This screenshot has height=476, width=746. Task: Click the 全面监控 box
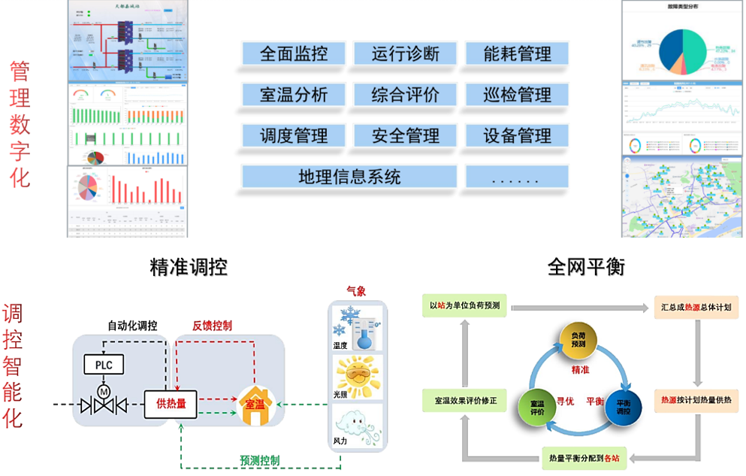[294, 53]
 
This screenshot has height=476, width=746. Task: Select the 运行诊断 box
[405, 53]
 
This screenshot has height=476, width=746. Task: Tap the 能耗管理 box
[517, 53]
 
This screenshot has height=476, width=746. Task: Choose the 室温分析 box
[294, 95]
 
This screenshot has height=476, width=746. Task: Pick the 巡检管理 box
[517, 95]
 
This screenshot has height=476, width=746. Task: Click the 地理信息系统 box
[349, 177]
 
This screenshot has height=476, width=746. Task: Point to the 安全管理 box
[405, 136]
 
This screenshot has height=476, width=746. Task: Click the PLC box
[103, 365]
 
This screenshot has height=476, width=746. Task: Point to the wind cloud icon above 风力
[357, 426]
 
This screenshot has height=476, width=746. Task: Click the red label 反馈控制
[212, 326]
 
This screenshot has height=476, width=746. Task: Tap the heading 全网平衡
[586, 267]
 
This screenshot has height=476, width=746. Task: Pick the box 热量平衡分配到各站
[584, 456]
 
